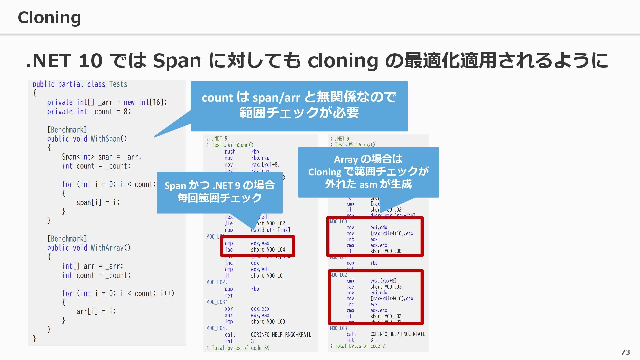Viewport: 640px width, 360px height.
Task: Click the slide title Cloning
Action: (49, 18)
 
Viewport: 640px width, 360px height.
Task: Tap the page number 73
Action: (625, 352)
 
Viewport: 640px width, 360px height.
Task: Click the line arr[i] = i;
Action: (96, 311)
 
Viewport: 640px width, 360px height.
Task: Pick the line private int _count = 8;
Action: (89, 112)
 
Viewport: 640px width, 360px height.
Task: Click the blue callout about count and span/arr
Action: (299, 105)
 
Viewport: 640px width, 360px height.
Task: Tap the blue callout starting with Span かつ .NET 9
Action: (219, 192)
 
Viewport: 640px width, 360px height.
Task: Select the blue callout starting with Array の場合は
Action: (368, 172)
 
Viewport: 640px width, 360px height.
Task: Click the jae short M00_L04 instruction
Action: (255, 250)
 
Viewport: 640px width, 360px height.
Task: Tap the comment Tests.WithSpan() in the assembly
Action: (232, 145)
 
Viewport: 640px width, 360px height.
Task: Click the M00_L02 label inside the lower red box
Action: (339, 275)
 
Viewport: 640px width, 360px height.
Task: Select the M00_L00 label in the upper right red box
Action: (339, 222)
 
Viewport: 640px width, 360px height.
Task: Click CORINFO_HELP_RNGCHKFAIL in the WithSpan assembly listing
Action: (281, 335)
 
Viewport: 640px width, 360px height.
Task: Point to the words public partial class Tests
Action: (80, 84)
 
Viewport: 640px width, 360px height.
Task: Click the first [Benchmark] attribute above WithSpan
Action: (67, 130)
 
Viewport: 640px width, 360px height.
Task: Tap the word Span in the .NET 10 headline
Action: (177, 61)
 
